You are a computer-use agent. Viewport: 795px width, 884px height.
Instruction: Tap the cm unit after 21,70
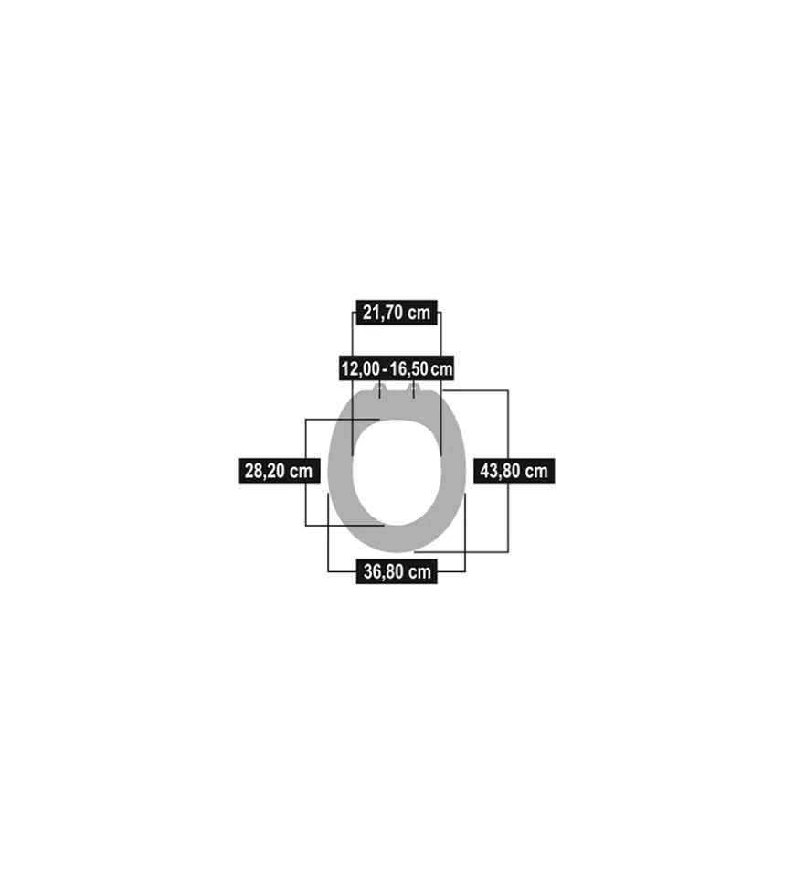pos(419,313)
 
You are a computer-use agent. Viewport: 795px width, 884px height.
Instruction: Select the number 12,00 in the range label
pos(360,369)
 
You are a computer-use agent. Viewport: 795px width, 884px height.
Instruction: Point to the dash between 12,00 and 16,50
pos(385,370)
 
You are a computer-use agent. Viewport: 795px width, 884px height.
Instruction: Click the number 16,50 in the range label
pos(409,369)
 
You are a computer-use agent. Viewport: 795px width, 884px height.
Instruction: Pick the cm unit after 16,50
pos(441,370)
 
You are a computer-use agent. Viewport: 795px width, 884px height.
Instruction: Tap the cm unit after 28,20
pos(301,472)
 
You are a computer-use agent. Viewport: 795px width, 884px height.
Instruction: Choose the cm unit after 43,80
pos(536,472)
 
